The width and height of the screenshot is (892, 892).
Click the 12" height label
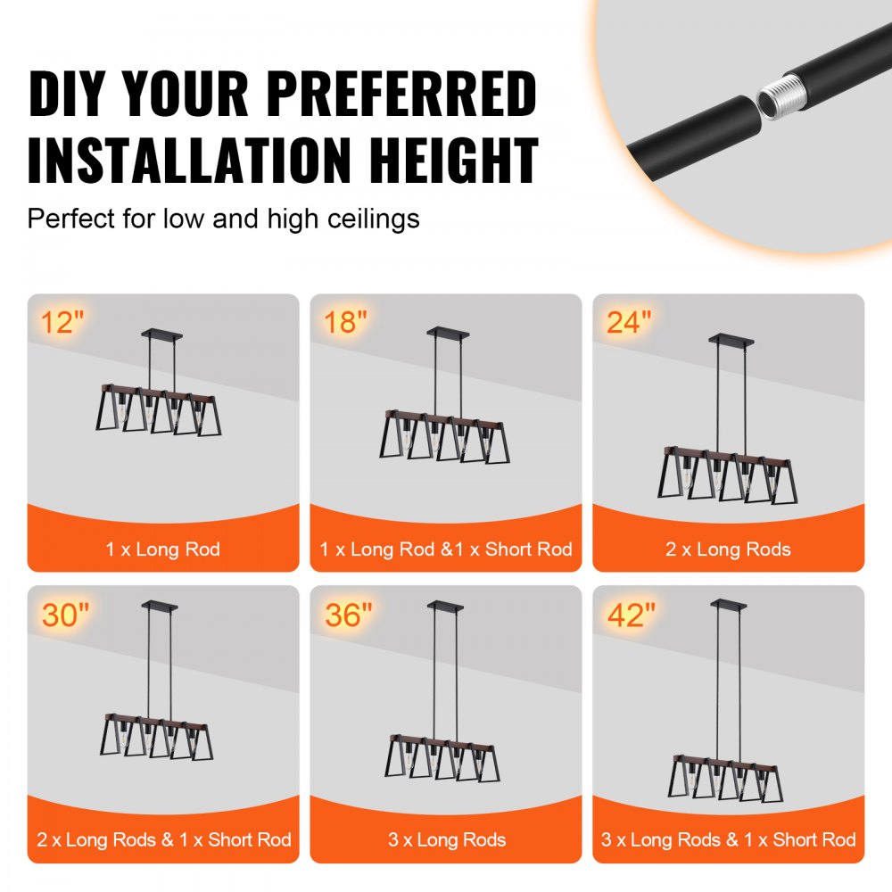pyautogui.click(x=62, y=322)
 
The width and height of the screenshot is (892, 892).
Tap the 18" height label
pyautogui.click(x=344, y=322)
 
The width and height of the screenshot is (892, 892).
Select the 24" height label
pyautogui.click(x=629, y=322)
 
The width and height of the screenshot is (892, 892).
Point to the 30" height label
pyautogui.click(x=65, y=615)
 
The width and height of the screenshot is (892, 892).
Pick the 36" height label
pyautogui.click(x=349, y=615)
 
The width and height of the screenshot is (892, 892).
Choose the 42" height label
pyautogui.click(x=632, y=615)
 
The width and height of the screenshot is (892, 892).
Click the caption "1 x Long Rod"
pyautogui.click(x=162, y=549)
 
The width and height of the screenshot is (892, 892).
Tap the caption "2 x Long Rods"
pyautogui.click(x=728, y=549)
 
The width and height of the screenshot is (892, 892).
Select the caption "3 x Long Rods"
pyautogui.click(x=445, y=839)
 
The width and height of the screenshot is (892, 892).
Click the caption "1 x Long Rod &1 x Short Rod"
pyautogui.click(x=445, y=549)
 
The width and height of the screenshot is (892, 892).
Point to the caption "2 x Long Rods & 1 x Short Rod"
pyautogui.click(x=163, y=839)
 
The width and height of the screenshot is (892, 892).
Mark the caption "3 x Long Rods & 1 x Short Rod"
pyautogui.click(x=728, y=839)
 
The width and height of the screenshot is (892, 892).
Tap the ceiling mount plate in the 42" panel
pyautogui.click(x=728, y=605)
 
